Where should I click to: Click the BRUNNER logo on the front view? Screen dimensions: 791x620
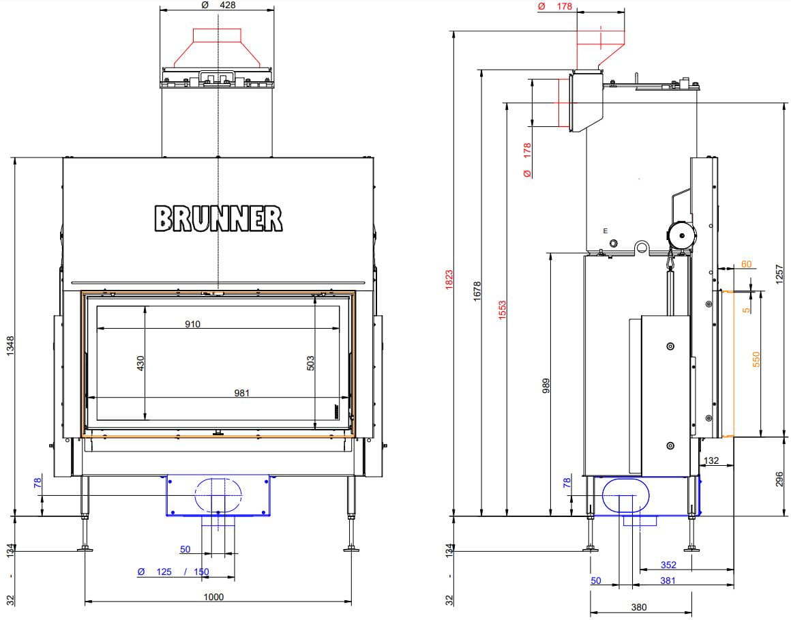coord(218,218)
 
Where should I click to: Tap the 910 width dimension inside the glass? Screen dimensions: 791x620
coord(192,324)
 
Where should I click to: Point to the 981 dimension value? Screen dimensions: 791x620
coord(241,392)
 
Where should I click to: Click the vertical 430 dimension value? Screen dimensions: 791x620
coord(140,363)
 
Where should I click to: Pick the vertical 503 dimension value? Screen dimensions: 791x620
coord(310,363)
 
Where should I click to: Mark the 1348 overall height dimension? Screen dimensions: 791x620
coord(11,346)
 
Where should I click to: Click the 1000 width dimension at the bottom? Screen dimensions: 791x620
coord(213,597)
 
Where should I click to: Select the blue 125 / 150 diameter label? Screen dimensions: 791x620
coord(173,572)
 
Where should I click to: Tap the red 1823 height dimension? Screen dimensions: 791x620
coord(449,280)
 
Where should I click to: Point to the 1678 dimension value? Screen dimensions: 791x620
coord(477,291)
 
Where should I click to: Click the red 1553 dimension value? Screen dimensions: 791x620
coord(502,310)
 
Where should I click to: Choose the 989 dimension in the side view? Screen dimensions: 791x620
coord(546,386)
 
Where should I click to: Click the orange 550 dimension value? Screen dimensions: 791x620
coord(756,359)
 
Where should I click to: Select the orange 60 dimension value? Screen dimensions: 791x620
coord(746,264)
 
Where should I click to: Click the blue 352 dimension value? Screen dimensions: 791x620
coord(668,565)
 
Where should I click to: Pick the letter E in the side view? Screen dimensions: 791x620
coord(606,231)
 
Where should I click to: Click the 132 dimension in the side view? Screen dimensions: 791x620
coord(711,460)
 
